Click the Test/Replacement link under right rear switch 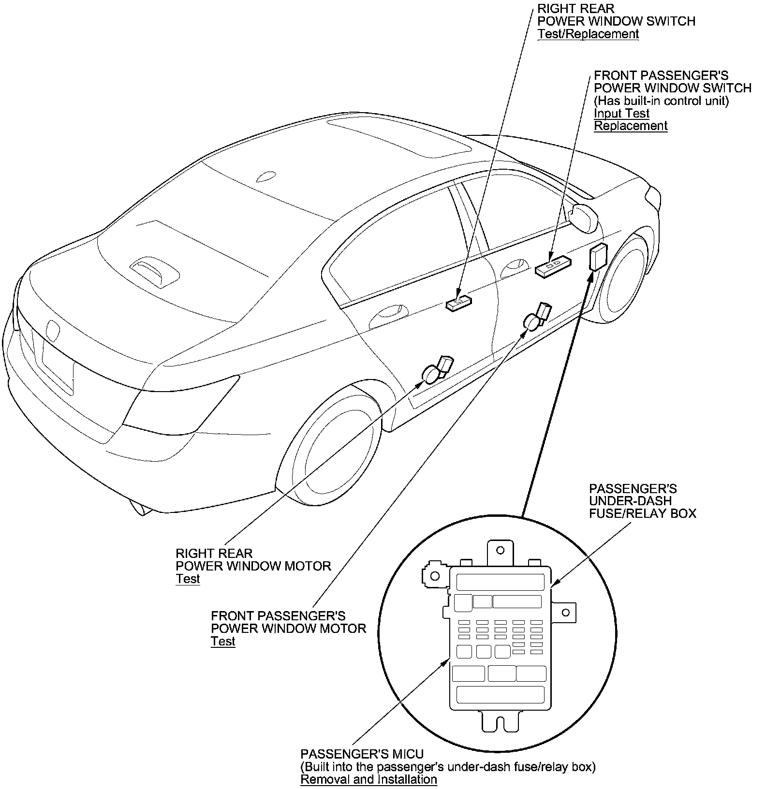588,34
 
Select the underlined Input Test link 621,114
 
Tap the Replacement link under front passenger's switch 631,126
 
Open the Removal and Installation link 368,779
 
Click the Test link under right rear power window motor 188,579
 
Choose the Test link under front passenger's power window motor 223,642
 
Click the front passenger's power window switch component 553,266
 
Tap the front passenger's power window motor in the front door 537,317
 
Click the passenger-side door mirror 584,217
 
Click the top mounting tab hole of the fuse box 501,550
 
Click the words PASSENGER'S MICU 362,754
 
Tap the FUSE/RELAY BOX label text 642,513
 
